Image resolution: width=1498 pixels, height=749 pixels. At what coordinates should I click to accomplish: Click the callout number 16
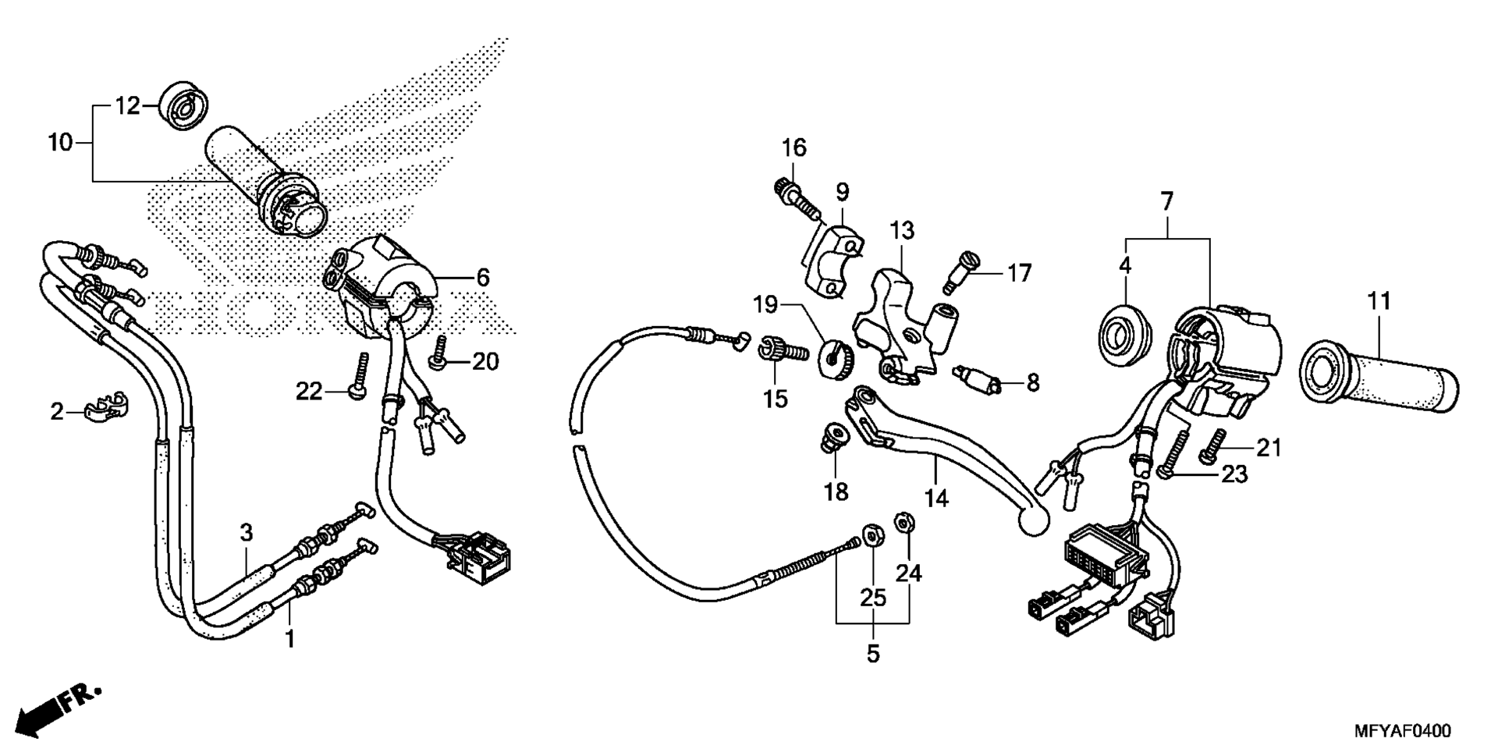click(794, 147)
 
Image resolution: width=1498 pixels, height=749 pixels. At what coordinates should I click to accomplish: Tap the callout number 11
click(1379, 300)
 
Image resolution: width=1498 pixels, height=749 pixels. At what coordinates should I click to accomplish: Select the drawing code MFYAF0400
click(1402, 731)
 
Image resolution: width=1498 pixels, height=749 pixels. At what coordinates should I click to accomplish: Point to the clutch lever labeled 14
click(944, 453)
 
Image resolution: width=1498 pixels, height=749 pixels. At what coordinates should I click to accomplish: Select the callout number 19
click(765, 304)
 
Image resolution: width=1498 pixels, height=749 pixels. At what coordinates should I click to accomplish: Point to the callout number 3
click(247, 534)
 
